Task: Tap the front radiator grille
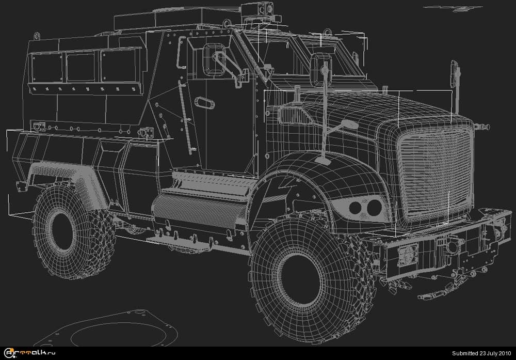coord(435,175)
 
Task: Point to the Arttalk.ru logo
coord(29,353)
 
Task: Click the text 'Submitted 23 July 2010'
coord(481,353)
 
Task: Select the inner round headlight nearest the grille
coord(374,208)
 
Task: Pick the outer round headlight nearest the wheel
coord(355,208)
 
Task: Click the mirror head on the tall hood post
coord(321,70)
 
